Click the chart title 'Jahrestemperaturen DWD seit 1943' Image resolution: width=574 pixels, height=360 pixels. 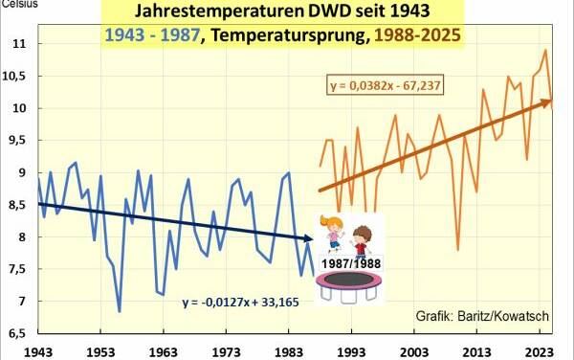(284, 12)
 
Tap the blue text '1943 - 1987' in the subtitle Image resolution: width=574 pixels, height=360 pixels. (153, 36)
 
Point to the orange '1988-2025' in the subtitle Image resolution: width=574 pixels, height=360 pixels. (413, 36)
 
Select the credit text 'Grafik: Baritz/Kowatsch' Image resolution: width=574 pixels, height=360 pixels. (481, 315)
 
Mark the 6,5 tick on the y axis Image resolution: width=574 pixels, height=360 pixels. (17, 334)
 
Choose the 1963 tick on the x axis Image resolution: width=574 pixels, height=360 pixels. (166, 351)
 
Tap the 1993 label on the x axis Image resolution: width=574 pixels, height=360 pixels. (352, 351)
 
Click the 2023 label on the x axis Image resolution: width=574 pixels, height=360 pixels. (539, 351)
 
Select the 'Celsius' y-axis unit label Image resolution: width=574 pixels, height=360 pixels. (19, 6)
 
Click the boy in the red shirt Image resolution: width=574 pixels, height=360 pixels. (363, 238)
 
